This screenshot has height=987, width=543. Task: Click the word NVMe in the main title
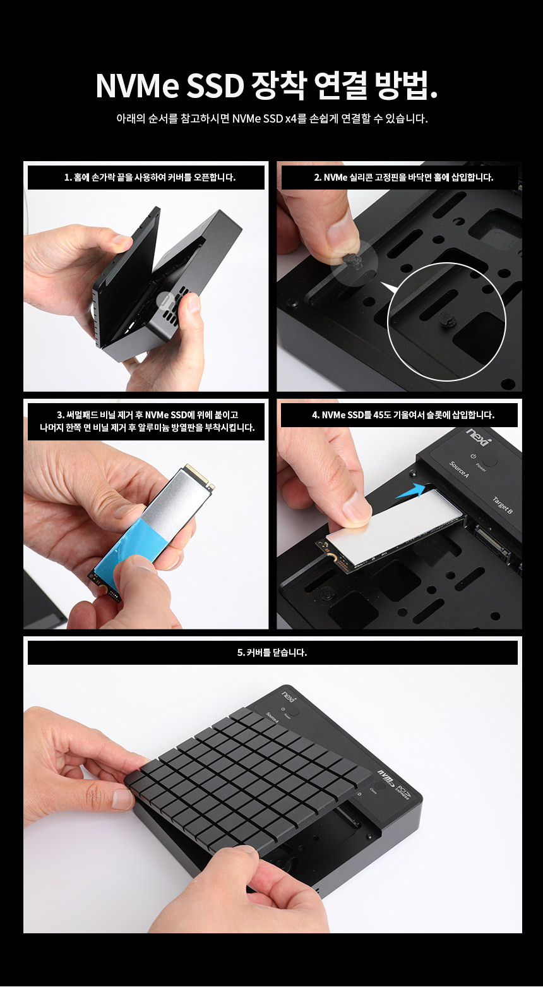pyautogui.click(x=137, y=85)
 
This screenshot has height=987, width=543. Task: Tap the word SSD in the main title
pyautogui.click(x=215, y=85)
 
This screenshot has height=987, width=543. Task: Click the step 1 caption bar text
pyautogui.click(x=150, y=177)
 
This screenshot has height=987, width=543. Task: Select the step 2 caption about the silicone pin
pyautogui.click(x=403, y=177)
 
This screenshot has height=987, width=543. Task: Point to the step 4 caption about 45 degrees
pyautogui.click(x=403, y=415)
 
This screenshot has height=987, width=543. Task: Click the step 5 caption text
pyautogui.click(x=272, y=653)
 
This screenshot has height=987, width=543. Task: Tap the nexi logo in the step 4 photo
pyautogui.click(x=480, y=436)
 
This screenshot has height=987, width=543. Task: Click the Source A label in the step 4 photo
pyautogui.click(x=459, y=469)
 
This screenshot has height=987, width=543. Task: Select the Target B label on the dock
pyautogui.click(x=503, y=505)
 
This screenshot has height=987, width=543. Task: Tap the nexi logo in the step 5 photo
pyautogui.click(x=289, y=698)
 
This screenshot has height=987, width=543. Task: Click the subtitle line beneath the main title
pyautogui.click(x=272, y=119)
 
